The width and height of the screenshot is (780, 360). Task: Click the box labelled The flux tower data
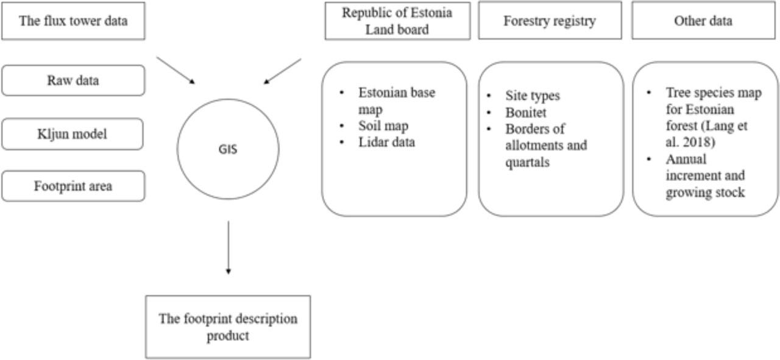click(73, 21)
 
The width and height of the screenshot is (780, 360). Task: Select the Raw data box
click(73, 80)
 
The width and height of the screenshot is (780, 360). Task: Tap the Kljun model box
click(73, 133)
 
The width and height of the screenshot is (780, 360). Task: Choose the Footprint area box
click(73, 186)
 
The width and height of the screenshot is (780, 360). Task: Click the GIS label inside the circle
click(228, 148)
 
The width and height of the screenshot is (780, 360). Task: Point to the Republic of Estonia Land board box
click(397, 21)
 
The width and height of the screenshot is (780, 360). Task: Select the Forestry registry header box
click(550, 21)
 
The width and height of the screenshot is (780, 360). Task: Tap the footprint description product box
click(228, 326)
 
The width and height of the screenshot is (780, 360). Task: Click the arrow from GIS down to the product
click(228, 247)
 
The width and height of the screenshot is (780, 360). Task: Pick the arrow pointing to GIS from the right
click(283, 71)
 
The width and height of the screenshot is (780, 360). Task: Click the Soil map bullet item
click(383, 126)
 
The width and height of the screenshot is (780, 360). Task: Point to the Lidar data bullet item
click(387, 142)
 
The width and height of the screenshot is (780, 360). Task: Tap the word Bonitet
click(526, 112)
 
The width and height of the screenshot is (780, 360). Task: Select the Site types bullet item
click(532, 96)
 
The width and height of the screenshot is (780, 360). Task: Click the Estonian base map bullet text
click(397, 101)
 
